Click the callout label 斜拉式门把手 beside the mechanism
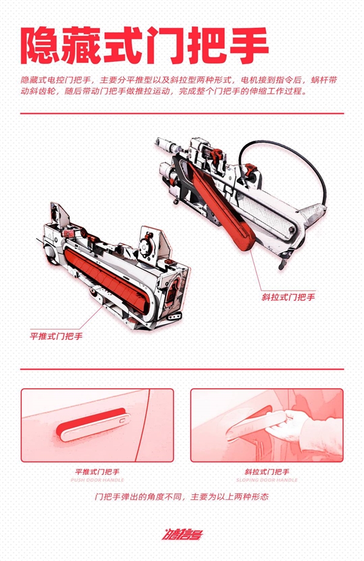[x=288, y=297]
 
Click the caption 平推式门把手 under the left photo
[x=99, y=471]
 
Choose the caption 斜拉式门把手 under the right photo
[x=266, y=471]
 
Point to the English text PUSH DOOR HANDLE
[x=99, y=480]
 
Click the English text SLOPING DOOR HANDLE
[x=266, y=480]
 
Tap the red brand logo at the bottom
[x=181, y=534]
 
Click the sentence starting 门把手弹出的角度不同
[x=181, y=496]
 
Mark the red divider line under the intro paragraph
[x=181, y=113]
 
